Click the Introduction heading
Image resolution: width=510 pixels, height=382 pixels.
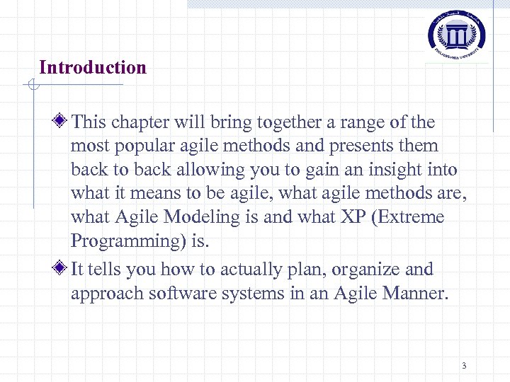[x=93, y=68]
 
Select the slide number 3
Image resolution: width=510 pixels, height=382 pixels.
[x=464, y=366]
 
